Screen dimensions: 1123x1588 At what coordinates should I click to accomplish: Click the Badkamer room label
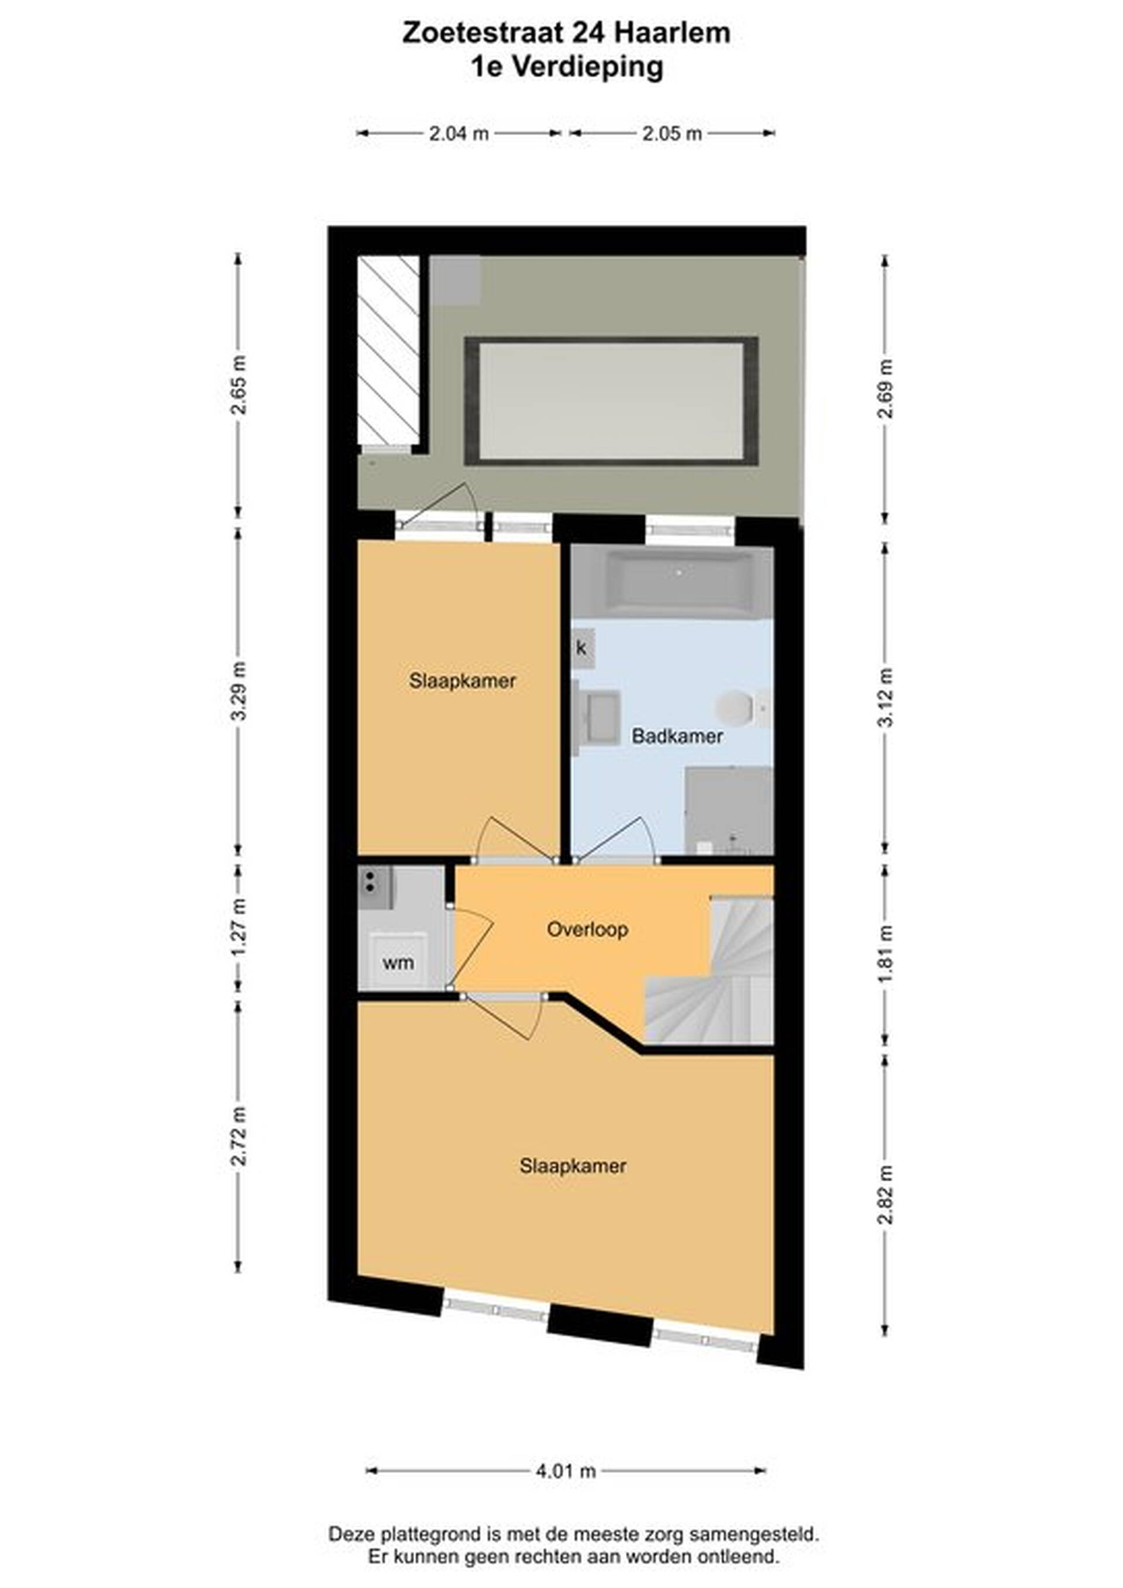[x=677, y=736]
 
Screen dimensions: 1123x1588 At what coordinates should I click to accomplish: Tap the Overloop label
[x=587, y=929]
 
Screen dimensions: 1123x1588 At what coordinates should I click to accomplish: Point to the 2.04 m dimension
[x=459, y=133]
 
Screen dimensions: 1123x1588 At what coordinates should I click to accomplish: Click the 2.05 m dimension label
[x=672, y=133]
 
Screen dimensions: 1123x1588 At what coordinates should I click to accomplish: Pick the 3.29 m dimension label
[x=239, y=691]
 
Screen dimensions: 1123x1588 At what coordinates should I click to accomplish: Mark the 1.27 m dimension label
[x=239, y=927]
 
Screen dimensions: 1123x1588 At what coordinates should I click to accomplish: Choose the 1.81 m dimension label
[x=886, y=952]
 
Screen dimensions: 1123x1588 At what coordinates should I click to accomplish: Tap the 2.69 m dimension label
[x=886, y=389]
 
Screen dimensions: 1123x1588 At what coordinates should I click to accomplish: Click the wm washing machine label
[x=398, y=962]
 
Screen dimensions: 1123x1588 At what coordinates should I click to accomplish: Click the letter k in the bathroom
[x=581, y=648]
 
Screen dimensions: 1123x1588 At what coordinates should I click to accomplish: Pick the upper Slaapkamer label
[x=462, y=681]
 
